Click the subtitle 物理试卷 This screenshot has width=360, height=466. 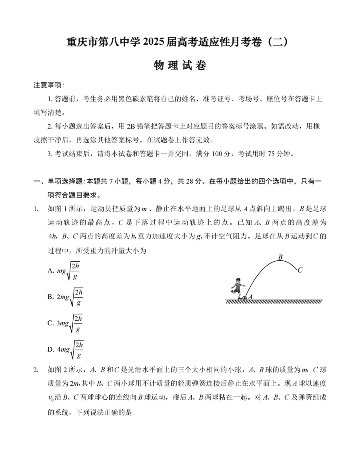tap(180, 66)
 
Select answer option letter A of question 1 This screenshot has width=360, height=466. tap(50, 271)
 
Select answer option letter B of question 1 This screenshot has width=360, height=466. tap(50, 297)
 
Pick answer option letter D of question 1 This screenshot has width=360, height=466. tap(50, 350)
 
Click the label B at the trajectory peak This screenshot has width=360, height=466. tap(280, 257)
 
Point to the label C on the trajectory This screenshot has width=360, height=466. tap(300, 270)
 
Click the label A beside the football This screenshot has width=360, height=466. tap(250, 297)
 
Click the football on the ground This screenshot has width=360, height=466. tap(244, 298)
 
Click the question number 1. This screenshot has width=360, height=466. tap(36, 208)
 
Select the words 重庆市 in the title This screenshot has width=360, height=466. tap(79, 42)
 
